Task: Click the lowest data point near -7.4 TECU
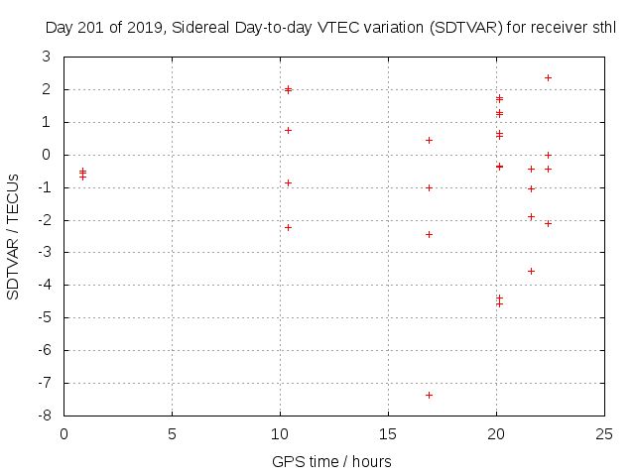[429, 395]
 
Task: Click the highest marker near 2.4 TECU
[548, 77]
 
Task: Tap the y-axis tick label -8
[46, 416]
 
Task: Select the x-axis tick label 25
[604, 433]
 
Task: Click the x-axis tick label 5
[172, 433]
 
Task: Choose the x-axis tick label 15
[388, 433]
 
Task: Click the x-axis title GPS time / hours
[331, 462]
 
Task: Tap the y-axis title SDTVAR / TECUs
[14, 236]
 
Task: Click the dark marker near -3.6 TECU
[531, 271]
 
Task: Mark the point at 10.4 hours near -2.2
[288, 227]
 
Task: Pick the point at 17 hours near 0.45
[429, 140]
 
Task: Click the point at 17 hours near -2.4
[429, 234]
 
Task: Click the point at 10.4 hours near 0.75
[288, 130]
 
